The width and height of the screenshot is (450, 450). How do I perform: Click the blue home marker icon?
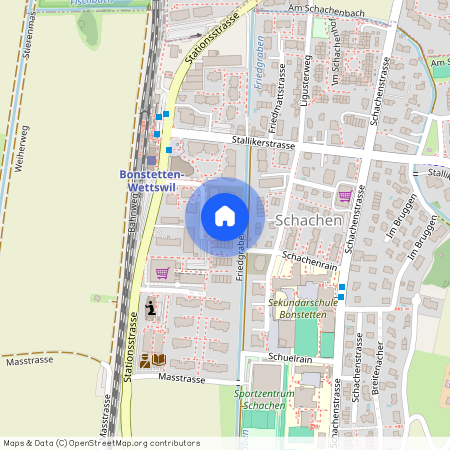(225, 216)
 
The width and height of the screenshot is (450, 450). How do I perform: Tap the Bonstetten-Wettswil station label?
(148, 179)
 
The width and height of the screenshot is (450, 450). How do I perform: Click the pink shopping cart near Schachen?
(345, 195)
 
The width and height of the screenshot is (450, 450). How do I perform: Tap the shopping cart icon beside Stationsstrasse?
(162, 271)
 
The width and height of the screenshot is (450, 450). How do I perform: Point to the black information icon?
(151, 308)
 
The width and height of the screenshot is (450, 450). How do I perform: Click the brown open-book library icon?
(152, 360)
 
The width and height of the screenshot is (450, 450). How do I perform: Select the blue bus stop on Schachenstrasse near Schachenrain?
(341, 289)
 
